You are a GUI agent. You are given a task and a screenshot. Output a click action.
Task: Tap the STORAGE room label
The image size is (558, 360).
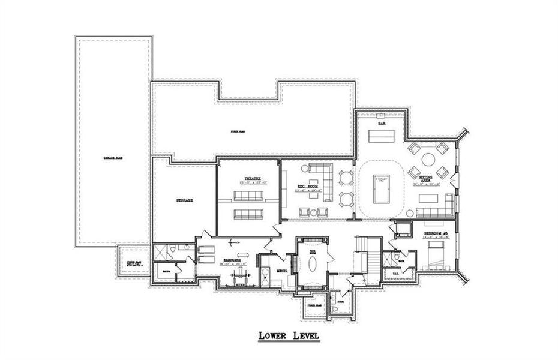coord(184,200)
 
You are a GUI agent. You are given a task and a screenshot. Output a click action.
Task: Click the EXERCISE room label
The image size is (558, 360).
coord(230,260)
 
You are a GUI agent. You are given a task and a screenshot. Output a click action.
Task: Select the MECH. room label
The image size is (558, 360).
coord(281,271)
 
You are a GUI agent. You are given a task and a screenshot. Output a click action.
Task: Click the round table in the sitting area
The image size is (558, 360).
coord(428,160)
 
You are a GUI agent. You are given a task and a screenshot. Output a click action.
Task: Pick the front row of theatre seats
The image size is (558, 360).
coord(248,196)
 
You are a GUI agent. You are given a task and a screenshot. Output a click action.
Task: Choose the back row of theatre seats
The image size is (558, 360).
coord(248,214)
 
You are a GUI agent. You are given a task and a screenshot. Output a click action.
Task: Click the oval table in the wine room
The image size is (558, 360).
coord(312,262)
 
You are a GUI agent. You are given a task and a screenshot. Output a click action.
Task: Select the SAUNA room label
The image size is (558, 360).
coord(165,272)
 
